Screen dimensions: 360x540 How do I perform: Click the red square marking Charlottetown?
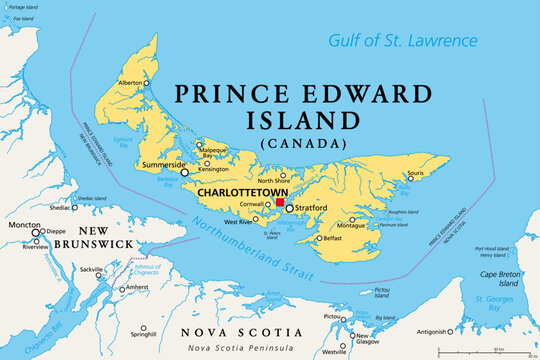pyautogui.click(x=279, y=201)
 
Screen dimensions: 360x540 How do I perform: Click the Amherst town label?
pyautogui.click(x=138, y=288)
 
